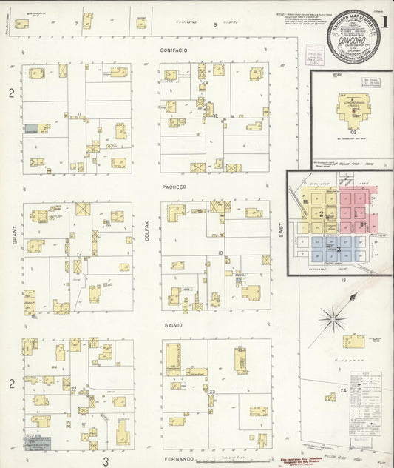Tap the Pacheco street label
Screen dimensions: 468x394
(x=174, y=187)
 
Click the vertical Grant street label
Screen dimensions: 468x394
(x=13, y=219)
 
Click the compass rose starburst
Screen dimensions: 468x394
(x=333, y=321)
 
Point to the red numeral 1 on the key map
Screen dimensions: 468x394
(x=357, y=213)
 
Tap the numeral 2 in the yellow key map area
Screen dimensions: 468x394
(x=322, y=213)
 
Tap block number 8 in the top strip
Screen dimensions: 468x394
(x=215, y=25)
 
